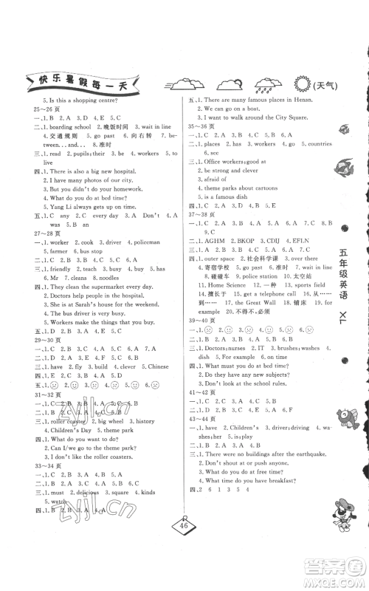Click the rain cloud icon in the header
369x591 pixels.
[x=262, y=83]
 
